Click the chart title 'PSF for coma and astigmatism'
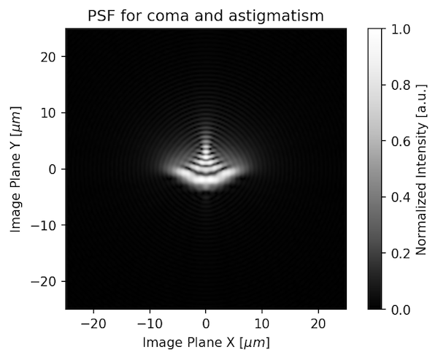pyautogui.click(x=205, y=15)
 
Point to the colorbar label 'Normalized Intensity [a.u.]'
pyautogui.click(x=421, y=169)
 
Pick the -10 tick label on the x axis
pyautogui.click(x=150, y=323)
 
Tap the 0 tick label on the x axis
pyautogui.click(x=206, y=323)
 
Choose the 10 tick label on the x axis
pyautogui.click(x=262, y=323)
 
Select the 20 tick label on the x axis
pyautogui.click(x=318, y=323)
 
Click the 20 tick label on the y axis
pyautogui.click(x=51, y=57)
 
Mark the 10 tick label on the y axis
pyautogui.click(x=51, y=113)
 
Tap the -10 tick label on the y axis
pyautogui.click(x=47, y=226)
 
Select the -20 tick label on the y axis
pyautogui.click(x=47, y=282)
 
